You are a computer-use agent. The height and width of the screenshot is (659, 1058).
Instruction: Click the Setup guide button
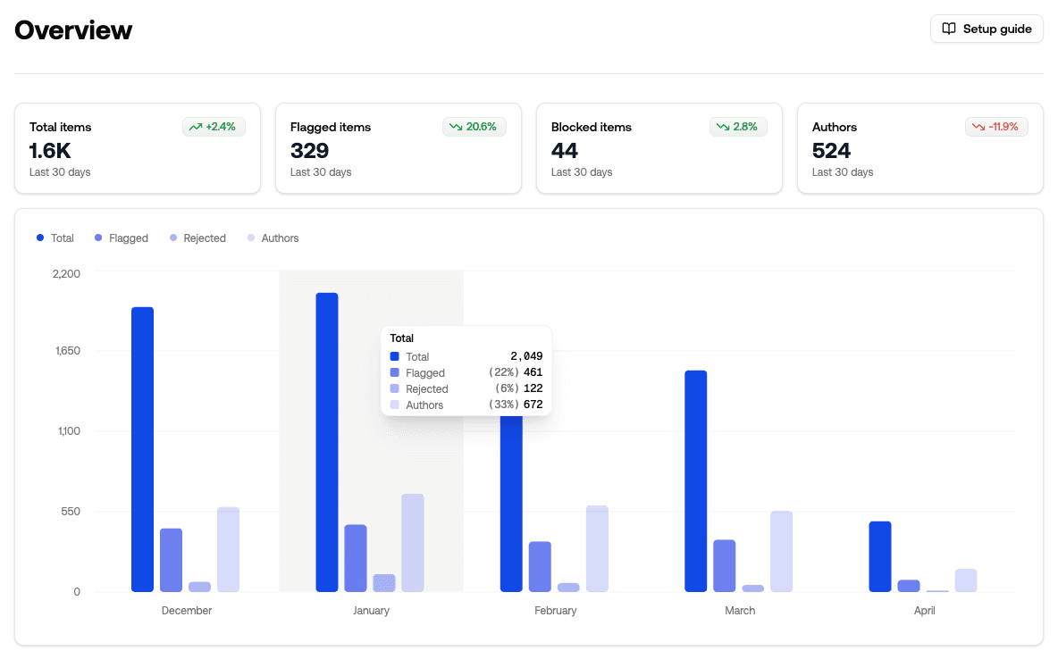[987, 29]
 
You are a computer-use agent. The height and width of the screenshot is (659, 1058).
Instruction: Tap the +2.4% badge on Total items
[214, 127]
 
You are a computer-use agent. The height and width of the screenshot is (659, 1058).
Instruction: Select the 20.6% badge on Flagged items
[474, 127]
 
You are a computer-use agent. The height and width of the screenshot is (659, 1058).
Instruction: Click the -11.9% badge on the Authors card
[996, 127]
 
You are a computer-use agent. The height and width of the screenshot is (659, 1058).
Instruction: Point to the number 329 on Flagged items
[309, 150]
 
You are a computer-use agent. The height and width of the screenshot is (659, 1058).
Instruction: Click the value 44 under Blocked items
[565, 150]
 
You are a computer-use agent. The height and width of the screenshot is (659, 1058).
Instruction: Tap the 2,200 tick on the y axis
[66, 273]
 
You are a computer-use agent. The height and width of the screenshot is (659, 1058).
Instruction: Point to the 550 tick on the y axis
[71, 512]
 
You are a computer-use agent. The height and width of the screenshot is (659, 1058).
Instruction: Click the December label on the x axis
[187, 611]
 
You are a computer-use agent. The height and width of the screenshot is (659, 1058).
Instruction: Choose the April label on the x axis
[924, 611]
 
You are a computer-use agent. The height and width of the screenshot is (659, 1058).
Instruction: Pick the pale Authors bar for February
[597, 548]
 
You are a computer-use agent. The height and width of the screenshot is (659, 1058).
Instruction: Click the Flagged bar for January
[355, 558]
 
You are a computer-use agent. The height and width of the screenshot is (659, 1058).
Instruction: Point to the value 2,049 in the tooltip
[526, 356]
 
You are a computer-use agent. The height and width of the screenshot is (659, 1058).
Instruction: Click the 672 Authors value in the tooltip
[533, 405]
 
